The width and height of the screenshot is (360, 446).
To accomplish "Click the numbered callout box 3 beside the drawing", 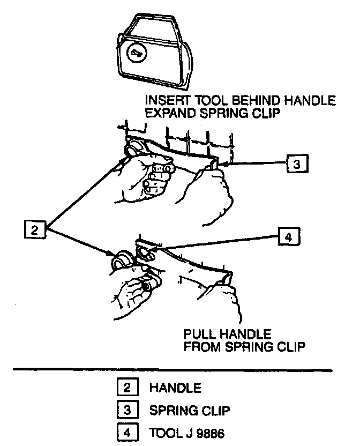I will point(297,163).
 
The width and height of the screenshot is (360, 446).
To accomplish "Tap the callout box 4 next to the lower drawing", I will point(288,237).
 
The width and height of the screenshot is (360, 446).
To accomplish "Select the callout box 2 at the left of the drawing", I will point(35,231).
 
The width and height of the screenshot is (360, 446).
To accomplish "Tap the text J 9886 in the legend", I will point(200,433).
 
